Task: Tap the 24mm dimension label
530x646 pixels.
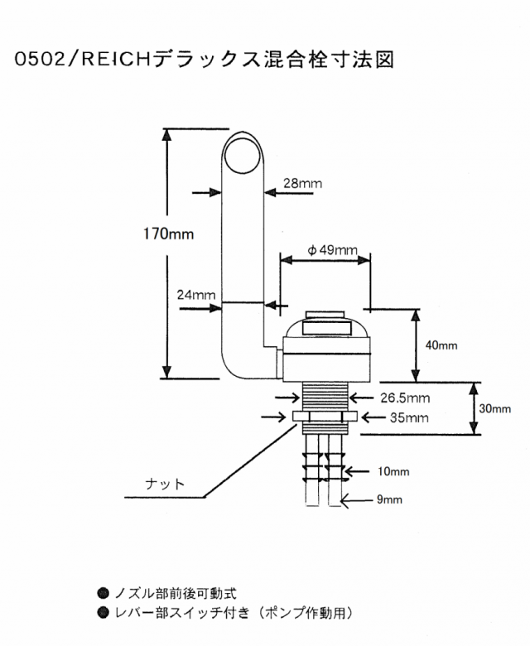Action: click(196, 295)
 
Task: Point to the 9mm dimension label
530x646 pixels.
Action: click(385, 499)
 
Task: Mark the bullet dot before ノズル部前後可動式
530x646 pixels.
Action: click(103, 593)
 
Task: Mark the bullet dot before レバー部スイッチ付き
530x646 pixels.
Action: click(103, 614)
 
